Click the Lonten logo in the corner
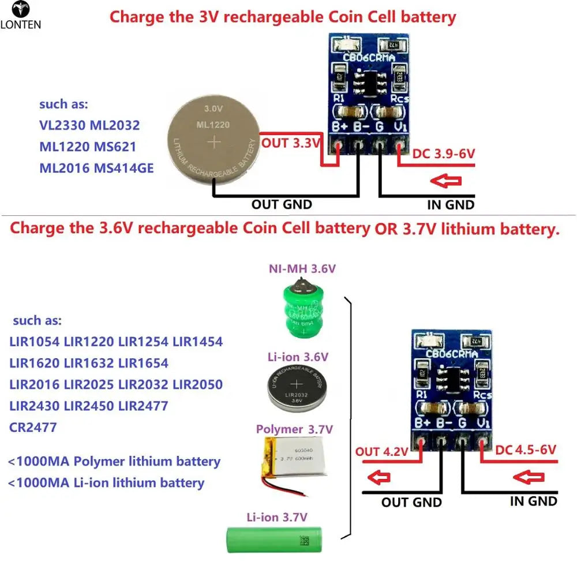21,15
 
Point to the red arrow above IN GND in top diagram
445,182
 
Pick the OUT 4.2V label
381,451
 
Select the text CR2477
33,428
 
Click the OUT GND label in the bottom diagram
411,503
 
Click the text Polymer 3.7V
294,429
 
